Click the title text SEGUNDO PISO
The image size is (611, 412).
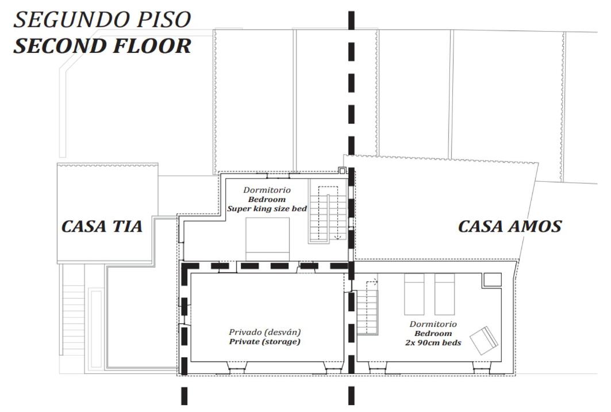click(102, 20)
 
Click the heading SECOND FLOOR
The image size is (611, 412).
click(102, 45)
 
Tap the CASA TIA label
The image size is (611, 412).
click(102, 226)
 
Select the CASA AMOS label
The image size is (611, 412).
click(510, 226)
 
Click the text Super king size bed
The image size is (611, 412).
click(267, 209)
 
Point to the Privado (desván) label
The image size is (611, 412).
click(264, 332)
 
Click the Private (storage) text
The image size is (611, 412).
click(264, 342)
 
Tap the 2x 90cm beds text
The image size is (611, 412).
click(433, 343)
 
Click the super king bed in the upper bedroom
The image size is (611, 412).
click(267, 239)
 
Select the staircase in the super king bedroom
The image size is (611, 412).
click(328, 211)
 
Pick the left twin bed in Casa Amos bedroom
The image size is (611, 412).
click(414, 294)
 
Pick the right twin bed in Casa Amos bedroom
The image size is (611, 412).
click(444, 294)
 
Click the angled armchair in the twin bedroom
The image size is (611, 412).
click(484, 340)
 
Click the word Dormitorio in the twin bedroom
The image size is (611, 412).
click(433, 324)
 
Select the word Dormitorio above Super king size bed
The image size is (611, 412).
click(267, 190)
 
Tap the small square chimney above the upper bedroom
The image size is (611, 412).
click(342, 170)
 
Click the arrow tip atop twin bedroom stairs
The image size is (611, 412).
click(377, 280)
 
